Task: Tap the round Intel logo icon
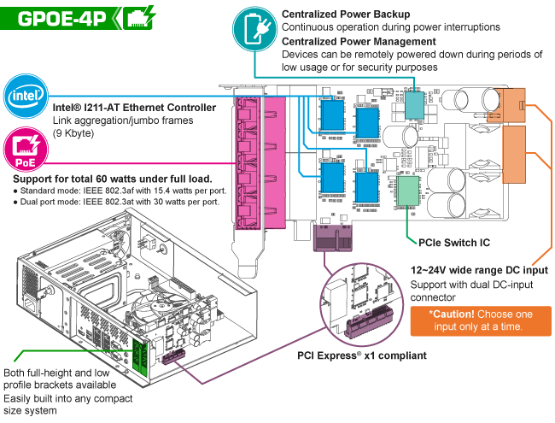pos(24,95)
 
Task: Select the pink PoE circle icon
pos(24,148)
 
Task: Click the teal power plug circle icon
pos(254,27)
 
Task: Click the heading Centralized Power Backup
pos(345,14)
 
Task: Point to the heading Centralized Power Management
pos(359,41)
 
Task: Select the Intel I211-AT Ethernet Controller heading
pos(134,108)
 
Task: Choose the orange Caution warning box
pos(479,320)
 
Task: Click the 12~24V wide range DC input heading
pos(479,270)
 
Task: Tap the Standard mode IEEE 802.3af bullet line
pos(115,191)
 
